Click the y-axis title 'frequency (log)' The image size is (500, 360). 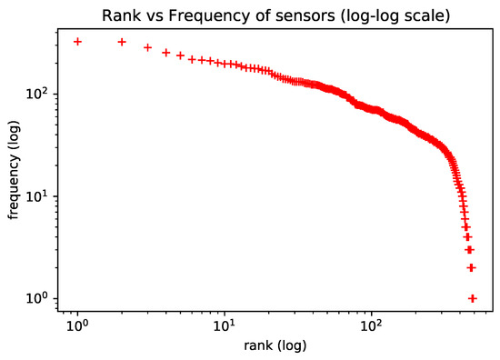point(14,169)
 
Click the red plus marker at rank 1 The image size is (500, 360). point(77,42)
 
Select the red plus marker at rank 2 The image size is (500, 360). point(122,42)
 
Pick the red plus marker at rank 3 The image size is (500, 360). point(147,47)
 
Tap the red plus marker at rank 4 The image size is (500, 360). point(165,53)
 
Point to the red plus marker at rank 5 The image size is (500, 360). point(180,55)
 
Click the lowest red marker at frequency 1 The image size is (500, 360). point(472,298)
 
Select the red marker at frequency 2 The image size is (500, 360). point(471,267)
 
